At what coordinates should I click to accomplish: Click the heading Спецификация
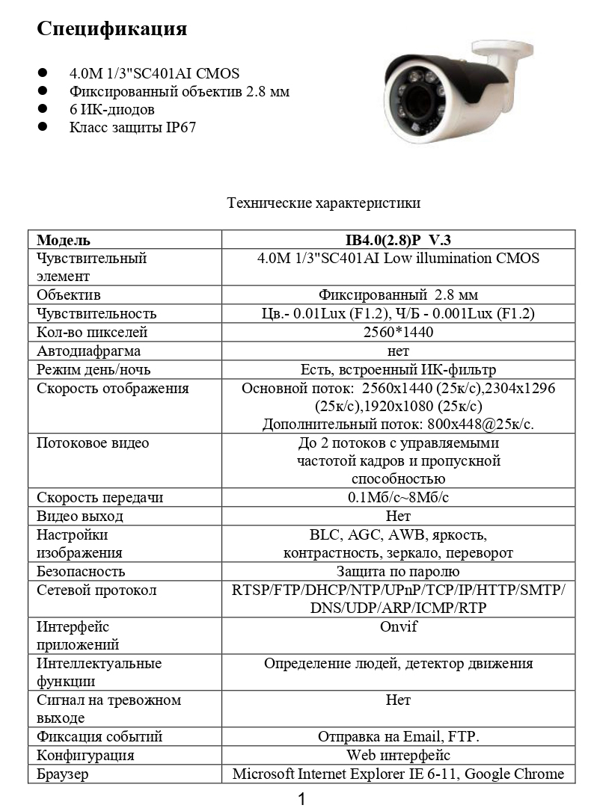[111, 29]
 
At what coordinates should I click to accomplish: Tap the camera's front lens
[413, 100]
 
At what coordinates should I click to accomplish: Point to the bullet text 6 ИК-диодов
[111, 109]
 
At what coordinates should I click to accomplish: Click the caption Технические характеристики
[323, 203]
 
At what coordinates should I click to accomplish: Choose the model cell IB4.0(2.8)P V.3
[398, 240]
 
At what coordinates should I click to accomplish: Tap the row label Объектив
[69, 295]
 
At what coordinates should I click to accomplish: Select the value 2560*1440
[398, 332]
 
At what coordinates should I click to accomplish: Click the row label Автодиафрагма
[88, 351]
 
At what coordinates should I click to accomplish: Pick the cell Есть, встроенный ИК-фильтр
[398, 369]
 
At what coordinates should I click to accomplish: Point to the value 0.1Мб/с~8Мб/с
[398, 498]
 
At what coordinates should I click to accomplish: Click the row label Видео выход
[80, 516]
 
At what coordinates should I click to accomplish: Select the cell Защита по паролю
[398, 572]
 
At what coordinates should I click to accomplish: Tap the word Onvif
[398, 627]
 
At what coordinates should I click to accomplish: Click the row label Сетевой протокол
[97, 590]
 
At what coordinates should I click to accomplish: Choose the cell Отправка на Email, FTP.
[398, 737]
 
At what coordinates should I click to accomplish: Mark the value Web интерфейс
[398, 755]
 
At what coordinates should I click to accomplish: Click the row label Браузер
[63, 774]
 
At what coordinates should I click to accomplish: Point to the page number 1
[301, 799]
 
